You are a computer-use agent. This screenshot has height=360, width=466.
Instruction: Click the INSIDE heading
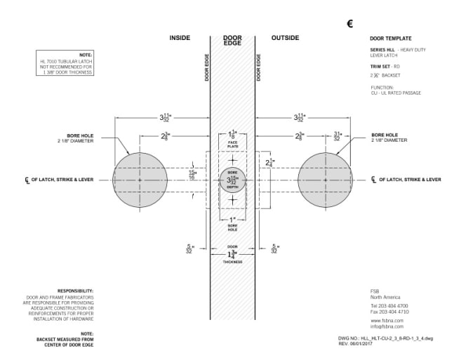click(x=180, y=38)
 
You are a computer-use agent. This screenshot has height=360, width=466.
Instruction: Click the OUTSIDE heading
click(x=285, y=38)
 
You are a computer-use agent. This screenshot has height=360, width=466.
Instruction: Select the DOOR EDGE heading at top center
click(x=232, y=41)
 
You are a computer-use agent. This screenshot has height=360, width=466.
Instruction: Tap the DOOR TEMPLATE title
click(x=390, y=38)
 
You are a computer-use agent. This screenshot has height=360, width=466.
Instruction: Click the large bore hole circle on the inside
click(x=140, y=180)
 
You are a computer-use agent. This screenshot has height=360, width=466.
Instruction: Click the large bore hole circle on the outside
click(x=324, y=180)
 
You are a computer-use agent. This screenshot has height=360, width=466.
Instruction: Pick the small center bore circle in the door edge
click(x=232, y=180)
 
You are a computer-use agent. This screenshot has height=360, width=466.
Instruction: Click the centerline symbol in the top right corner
click(x=350, y=24)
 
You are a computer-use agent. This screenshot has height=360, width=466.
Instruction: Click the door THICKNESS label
click(x=232, y=262)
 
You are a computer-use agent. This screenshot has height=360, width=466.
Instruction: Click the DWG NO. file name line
click(x=394, y=338)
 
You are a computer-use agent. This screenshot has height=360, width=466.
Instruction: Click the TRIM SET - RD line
click(x=385, y=65)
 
